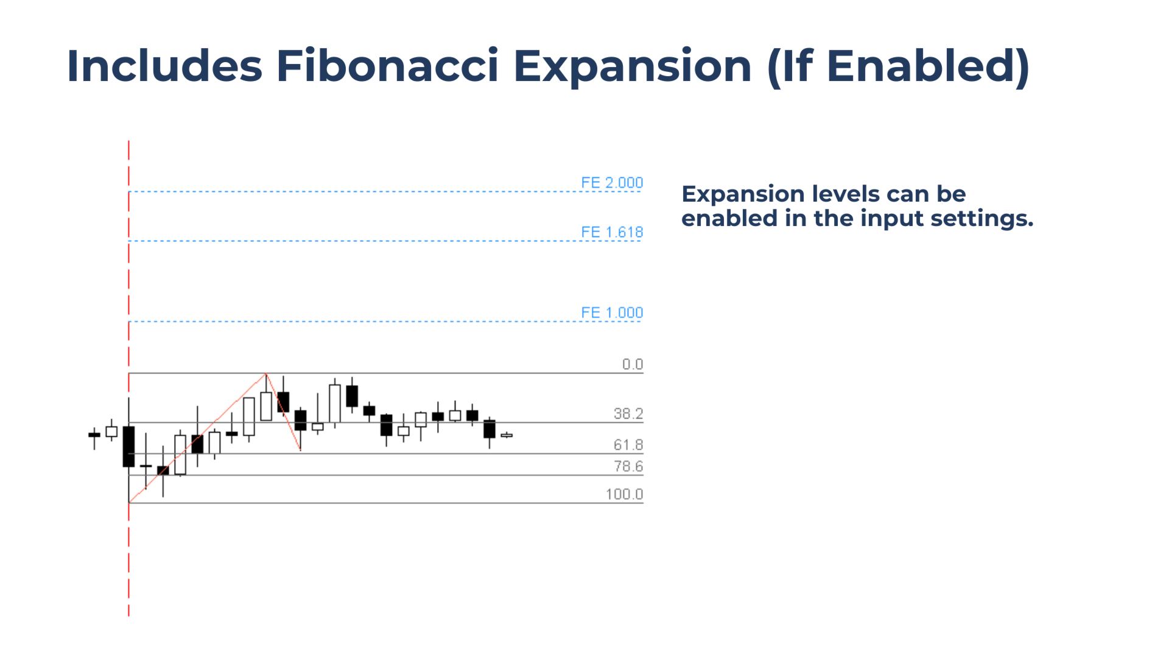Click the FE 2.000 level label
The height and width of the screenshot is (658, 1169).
612,183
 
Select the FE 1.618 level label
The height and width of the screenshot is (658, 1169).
612,232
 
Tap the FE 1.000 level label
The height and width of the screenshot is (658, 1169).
612,313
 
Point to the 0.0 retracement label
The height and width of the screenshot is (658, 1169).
633,364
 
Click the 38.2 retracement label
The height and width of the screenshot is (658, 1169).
628,414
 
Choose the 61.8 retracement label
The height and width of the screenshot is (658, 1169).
628,445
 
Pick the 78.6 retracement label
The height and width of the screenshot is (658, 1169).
628,466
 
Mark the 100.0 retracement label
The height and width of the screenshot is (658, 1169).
625,494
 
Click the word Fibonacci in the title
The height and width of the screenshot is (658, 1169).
387,65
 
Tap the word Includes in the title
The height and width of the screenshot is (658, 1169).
164,65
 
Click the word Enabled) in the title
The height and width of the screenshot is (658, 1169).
928,66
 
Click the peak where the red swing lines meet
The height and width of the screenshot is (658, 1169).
266,373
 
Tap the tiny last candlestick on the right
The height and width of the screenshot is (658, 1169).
507,435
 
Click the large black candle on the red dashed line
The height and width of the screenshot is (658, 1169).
128,447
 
